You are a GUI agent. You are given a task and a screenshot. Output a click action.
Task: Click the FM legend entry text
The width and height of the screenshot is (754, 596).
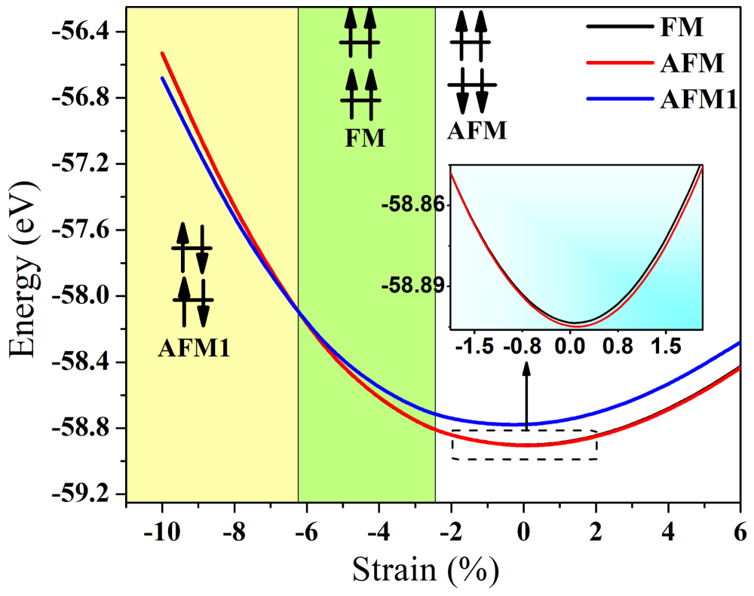click(686, 29)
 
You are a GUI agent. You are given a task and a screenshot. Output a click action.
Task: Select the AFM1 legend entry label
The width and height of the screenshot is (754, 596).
click(698, 99)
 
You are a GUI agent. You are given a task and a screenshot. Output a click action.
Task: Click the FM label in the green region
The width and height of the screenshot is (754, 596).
click(365, 139)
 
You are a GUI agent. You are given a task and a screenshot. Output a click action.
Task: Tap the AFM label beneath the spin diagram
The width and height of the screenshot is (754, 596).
click(477, 131)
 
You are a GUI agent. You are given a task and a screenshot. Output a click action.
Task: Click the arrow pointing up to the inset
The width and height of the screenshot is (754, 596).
click(526, 396)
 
